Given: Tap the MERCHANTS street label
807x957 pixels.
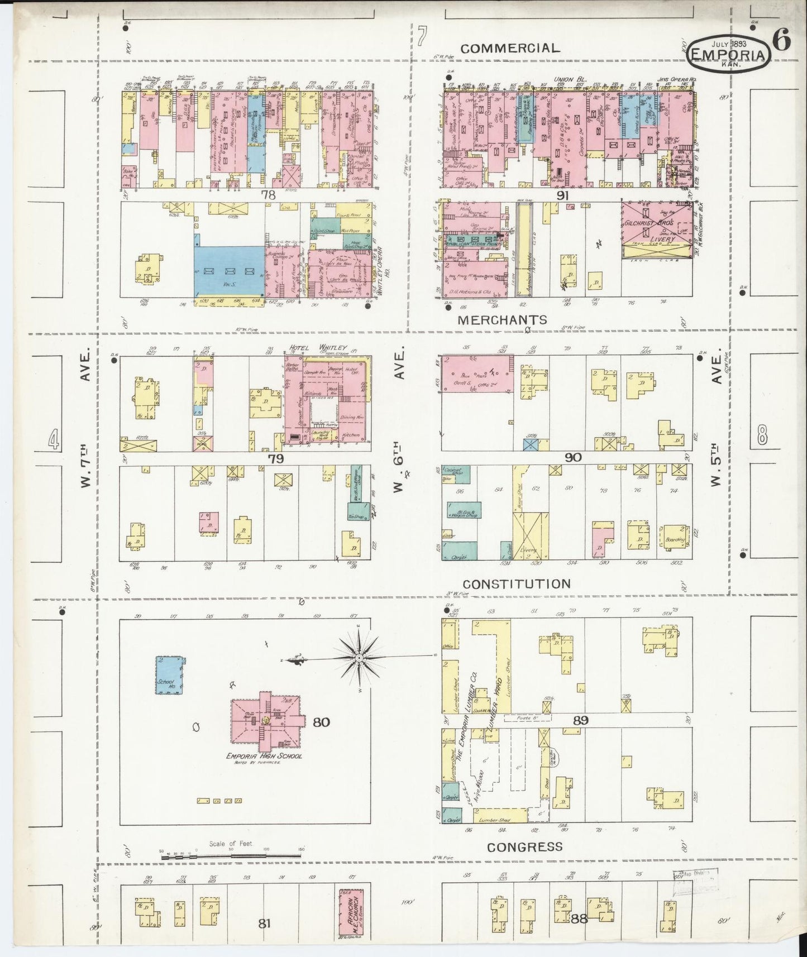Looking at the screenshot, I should pos(502,320).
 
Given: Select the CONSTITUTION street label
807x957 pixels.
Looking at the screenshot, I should pos(517,584).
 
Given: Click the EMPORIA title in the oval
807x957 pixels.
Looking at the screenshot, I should pos(728,55).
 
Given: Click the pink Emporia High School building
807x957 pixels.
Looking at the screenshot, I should pos(267,722).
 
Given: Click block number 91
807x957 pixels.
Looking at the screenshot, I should pos(562,195).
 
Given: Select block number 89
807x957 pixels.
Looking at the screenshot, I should pos(580,721).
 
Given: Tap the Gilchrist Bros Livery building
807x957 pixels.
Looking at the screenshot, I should pos(656,230).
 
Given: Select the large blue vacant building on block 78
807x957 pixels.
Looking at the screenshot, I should pos(229,271).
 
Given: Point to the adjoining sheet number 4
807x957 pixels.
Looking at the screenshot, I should pos(53,439).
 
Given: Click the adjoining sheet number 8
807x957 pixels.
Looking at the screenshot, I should pos(763,435).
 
